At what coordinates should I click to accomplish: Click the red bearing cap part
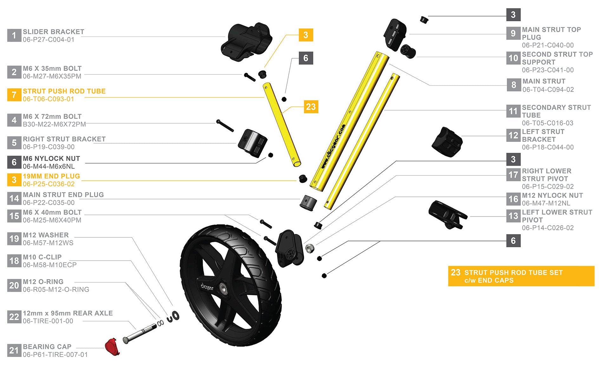[112, 347]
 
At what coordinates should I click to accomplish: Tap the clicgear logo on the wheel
[207, 287]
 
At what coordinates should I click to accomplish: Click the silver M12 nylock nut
[310, 248]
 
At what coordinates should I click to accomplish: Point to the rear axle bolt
[140, 333]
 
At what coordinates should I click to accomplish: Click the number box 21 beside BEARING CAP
[14, 350]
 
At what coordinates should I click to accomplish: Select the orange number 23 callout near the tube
[311, 107]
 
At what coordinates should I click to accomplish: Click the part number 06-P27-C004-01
[49, 40]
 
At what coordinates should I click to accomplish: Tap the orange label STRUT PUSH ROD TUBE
[64, 91]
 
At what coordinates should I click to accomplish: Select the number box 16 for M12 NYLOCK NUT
[513, 199]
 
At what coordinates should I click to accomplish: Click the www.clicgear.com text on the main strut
[333, 146]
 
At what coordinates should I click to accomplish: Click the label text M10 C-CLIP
[42, 257]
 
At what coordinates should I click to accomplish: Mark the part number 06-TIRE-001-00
[48, 321]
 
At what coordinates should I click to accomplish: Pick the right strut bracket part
[252, 143]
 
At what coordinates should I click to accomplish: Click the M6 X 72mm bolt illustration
[225, 126]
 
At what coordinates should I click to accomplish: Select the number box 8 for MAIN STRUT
[514, 85]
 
